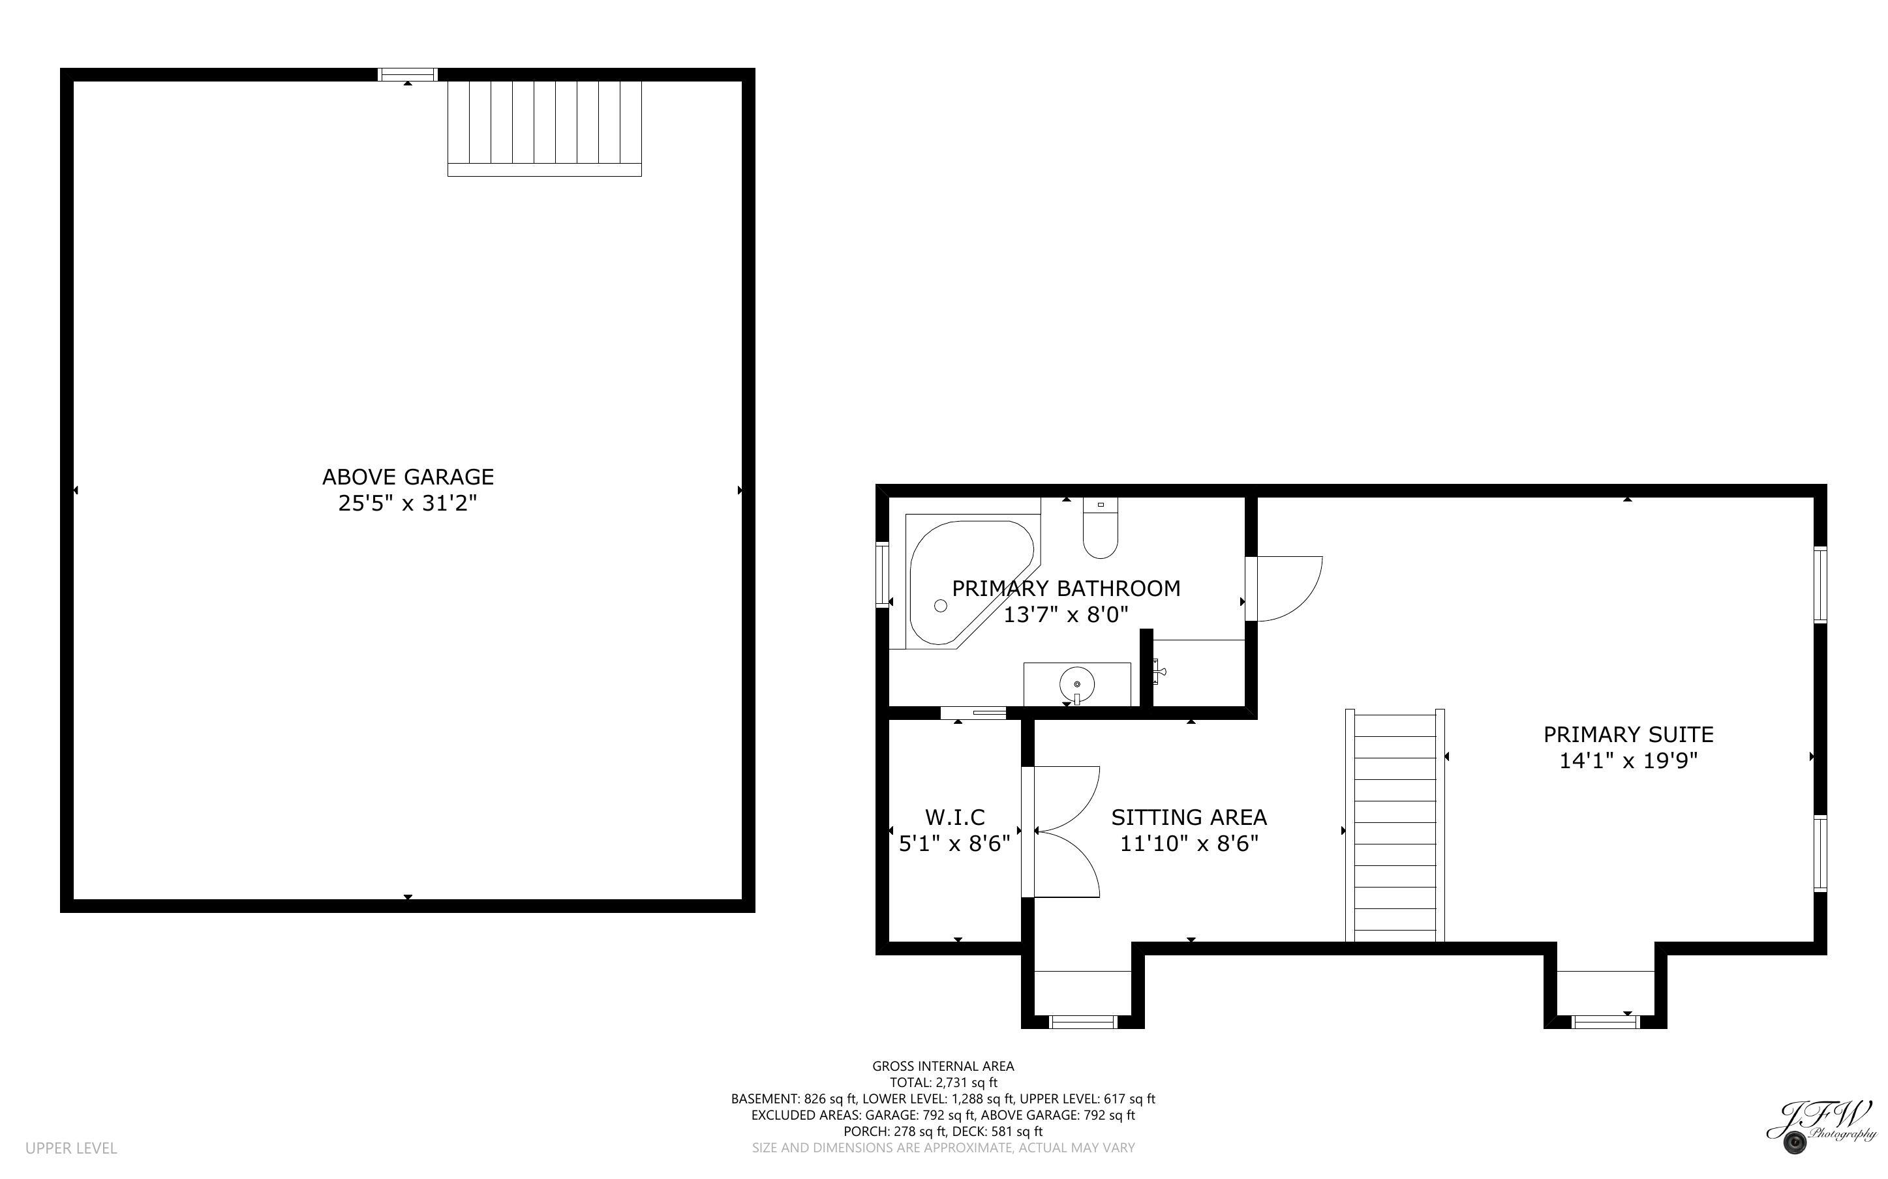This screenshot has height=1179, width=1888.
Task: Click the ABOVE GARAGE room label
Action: (x=408, y=477)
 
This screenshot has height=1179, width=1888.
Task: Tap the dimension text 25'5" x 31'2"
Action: (x=407, y=503)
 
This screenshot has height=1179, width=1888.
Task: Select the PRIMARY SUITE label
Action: (x=1628, y=734)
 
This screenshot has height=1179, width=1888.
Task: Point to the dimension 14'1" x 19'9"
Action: (x=1628, y=760)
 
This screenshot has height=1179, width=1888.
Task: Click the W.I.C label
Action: (x=954, y=817)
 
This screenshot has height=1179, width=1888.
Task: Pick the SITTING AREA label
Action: (x=1189, y=817)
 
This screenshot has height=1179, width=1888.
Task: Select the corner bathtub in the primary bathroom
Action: (x=969, y=582)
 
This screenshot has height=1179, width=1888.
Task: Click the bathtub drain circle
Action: (x=941, y=606)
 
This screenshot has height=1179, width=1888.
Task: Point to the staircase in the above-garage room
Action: (x=544, y=128)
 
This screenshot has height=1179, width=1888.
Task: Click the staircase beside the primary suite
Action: (x=1395, y=825)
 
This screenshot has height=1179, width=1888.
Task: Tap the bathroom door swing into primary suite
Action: (x=1285, y=589)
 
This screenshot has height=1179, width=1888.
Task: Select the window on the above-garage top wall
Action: (x=407, y=75)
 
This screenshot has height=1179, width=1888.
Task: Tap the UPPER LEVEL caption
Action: (x=71, y=1148)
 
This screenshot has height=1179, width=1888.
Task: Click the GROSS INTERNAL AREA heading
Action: (x=943, y=1066)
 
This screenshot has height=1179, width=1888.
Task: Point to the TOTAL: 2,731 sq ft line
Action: (x=943, y=1082)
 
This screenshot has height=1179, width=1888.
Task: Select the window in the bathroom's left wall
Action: (x=883, y=575)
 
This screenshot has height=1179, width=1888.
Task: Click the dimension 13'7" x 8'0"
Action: (x=1065, y=614)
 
